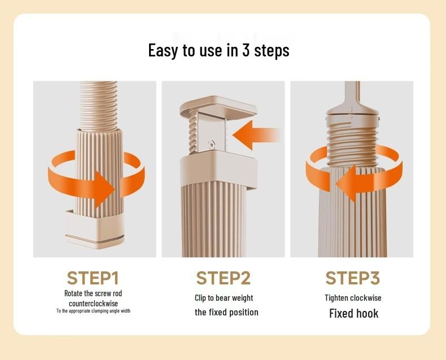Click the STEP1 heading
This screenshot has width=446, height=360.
[93, 278]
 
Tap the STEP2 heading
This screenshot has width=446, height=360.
[224, 278]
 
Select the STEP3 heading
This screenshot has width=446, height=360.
[353, 278]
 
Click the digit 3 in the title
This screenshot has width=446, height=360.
[246, 50]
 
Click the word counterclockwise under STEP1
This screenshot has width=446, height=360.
[93, 304]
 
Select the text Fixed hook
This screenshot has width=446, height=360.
[354, 313]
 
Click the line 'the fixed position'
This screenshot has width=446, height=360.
[226, 312]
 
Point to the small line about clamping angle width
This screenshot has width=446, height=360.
[93, 311]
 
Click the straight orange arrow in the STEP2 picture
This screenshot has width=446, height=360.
[256, 135]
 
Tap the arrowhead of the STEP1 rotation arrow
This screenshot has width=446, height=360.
[104, 189]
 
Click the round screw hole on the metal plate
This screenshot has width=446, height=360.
[211, 144]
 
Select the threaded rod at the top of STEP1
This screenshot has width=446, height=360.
[98, 105]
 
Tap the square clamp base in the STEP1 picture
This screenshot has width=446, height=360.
[95, 230]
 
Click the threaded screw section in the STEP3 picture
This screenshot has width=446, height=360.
[353, 142]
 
